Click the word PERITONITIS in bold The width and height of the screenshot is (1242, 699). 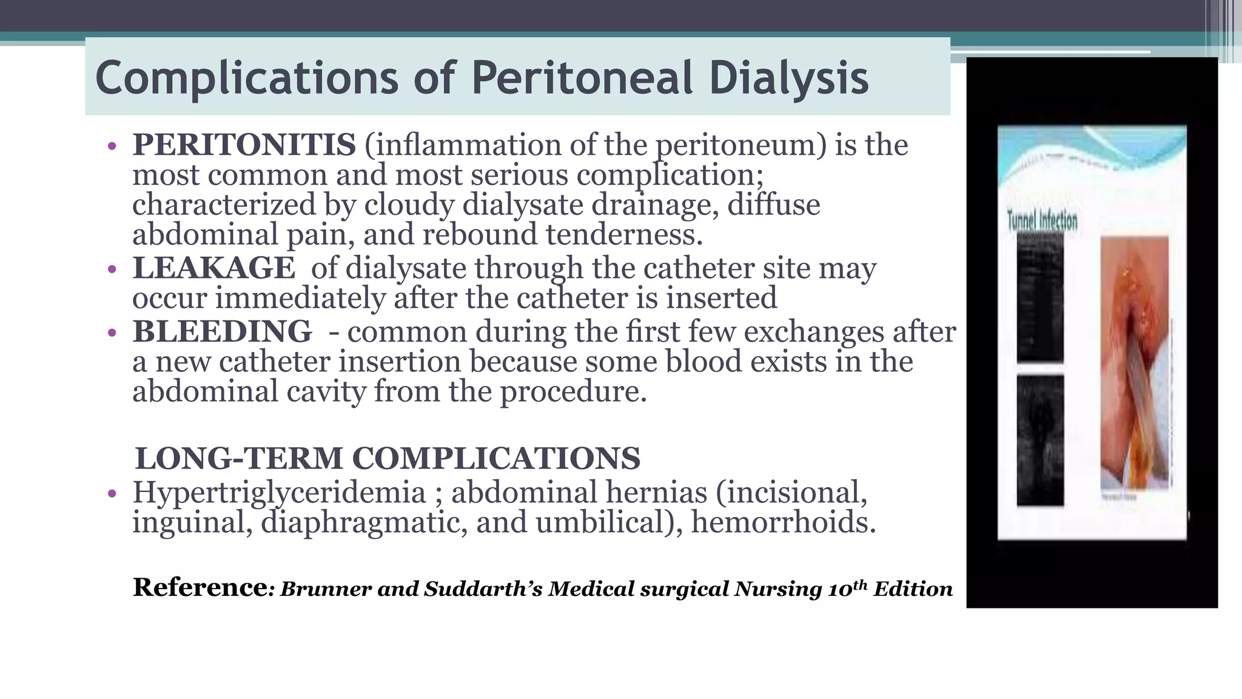click(x=244, y=145)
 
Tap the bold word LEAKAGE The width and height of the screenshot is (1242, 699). click(x=213, y=268)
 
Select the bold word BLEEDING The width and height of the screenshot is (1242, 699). click(x=222, y=332)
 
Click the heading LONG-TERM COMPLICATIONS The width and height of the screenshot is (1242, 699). click(x=387, y=458)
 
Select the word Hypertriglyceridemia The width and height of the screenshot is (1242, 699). click(x=279, y=492)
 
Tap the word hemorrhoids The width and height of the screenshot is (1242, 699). click(x=783, y=522)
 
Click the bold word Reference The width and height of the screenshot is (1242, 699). click(x=200, y=587)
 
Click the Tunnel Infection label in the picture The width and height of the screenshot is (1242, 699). click(x=1042, y=221)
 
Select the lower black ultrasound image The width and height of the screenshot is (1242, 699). click(x=1039, y=440)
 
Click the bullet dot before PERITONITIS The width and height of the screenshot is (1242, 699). click(x=111, y=146)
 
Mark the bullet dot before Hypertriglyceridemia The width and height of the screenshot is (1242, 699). click(x=111, y=493)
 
